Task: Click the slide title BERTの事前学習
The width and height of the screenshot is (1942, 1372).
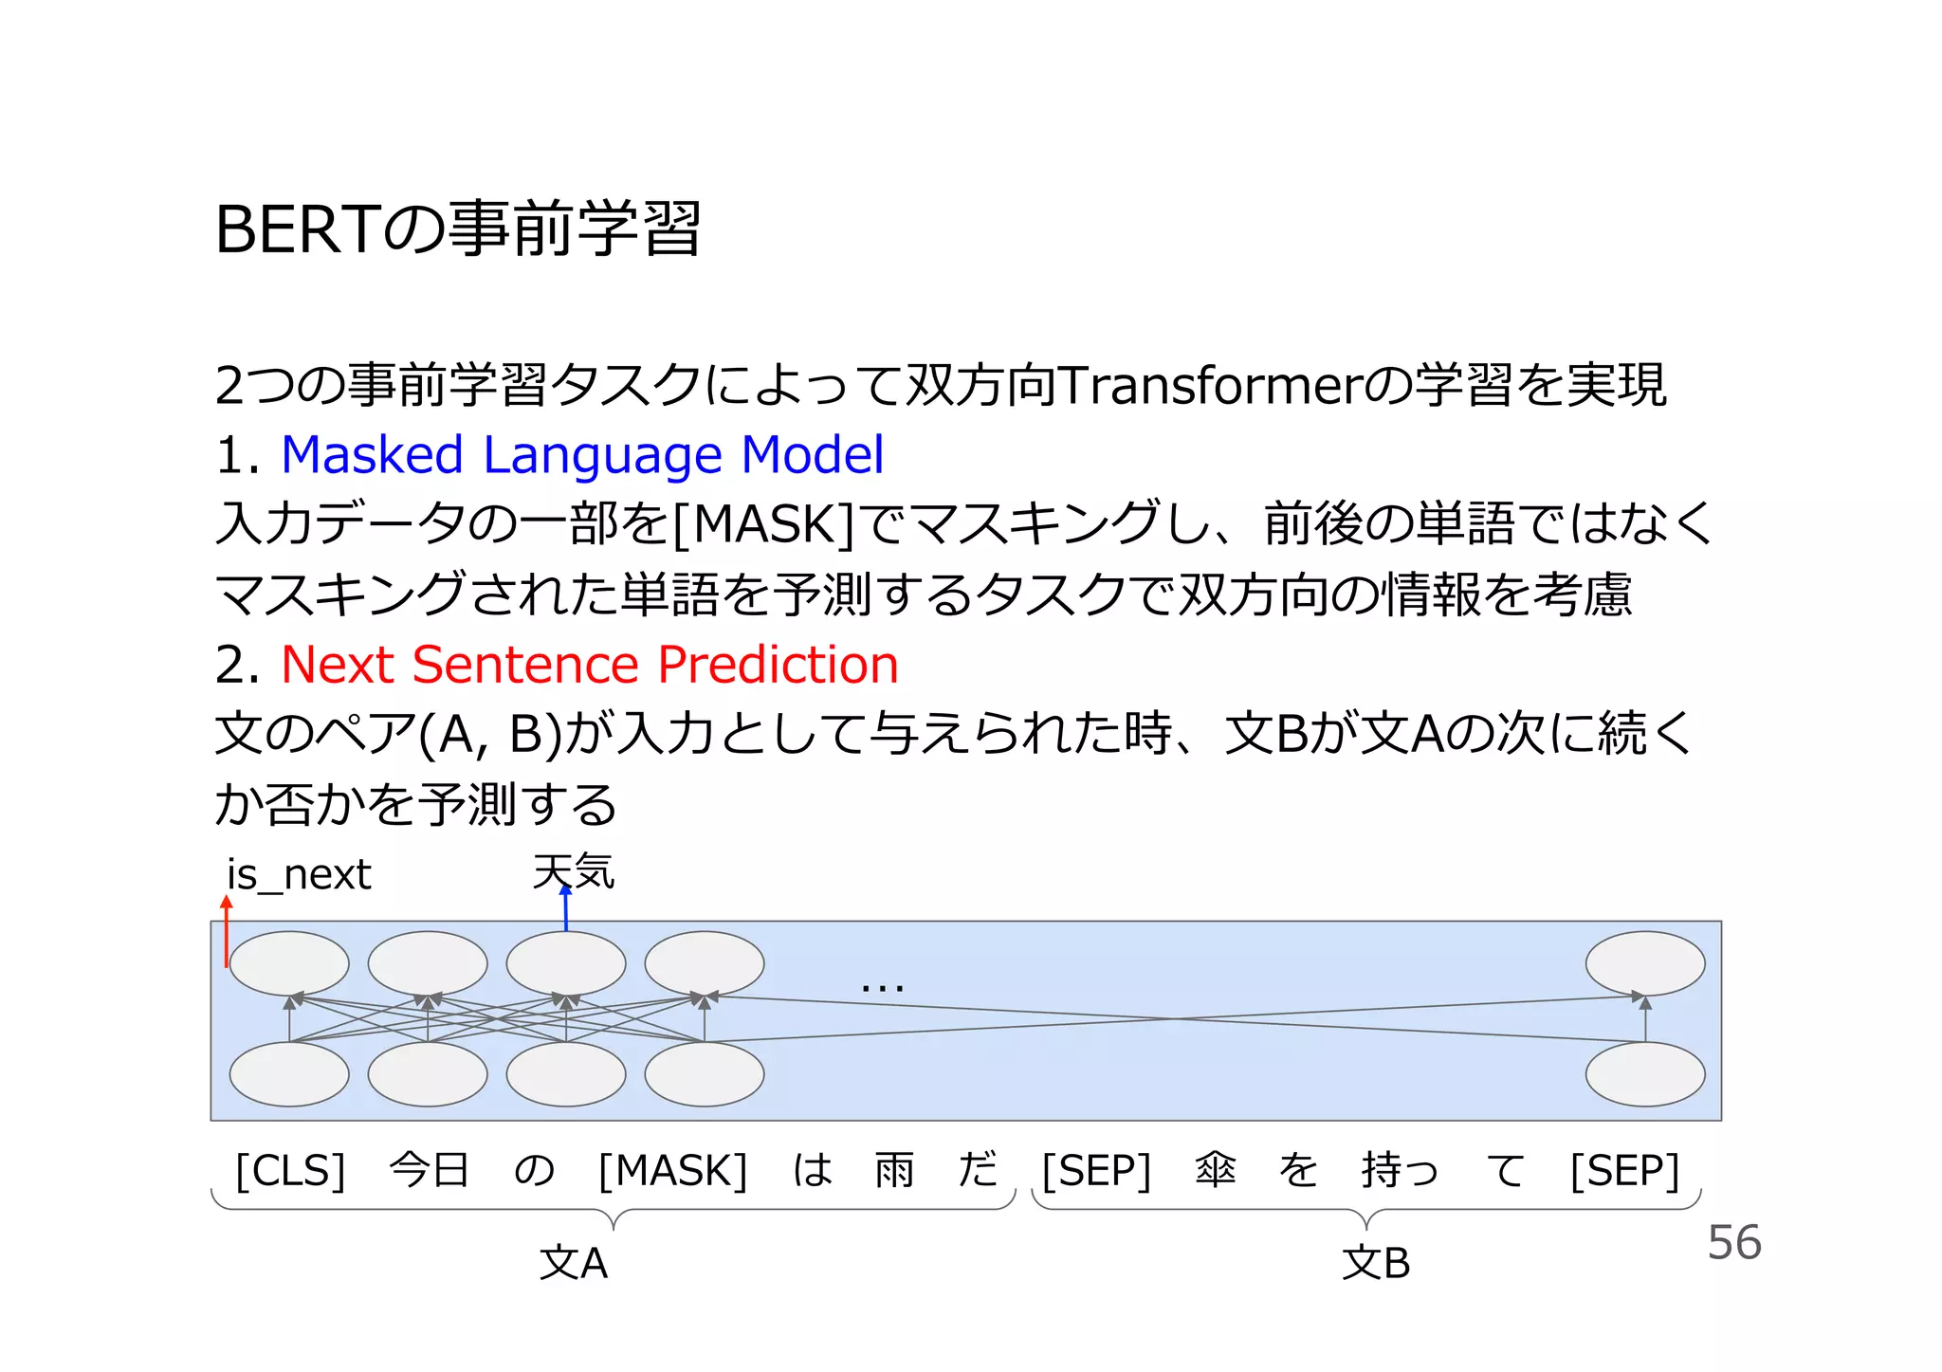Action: [x=457, y=230]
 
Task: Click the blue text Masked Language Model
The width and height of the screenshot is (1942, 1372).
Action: [x=582, y=455]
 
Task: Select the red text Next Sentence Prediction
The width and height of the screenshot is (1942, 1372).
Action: [x=589, y=665]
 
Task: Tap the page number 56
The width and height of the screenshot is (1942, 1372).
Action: [x=1733, y=1243]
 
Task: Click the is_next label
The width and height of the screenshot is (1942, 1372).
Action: [x=298, y=875]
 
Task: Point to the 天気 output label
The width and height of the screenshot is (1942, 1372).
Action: [x=574, y=870]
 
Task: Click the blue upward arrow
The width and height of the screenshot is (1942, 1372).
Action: [x=566, y=908]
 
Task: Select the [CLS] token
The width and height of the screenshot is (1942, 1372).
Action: [x=290, y=1171]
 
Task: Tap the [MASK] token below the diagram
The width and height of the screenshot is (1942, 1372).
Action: [x=673, y=1171]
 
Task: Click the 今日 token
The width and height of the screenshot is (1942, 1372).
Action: [x=429, y=1170]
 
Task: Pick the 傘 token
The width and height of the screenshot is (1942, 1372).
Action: [x=1215, y=1170]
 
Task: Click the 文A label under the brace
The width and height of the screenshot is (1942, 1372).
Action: [x=573, y=1264]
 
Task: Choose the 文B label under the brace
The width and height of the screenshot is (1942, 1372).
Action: [x=1375, y=1264]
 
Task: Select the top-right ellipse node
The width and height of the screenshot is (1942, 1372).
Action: [x=1644, y=963]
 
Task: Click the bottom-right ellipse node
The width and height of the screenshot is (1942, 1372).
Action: [x=1644, y=1074]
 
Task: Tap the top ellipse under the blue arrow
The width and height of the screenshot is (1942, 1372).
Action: [x=566, y=963]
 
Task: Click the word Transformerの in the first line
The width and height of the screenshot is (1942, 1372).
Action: [x=1234, y=386]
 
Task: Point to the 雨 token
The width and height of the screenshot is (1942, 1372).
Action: [x=894, y=1170]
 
